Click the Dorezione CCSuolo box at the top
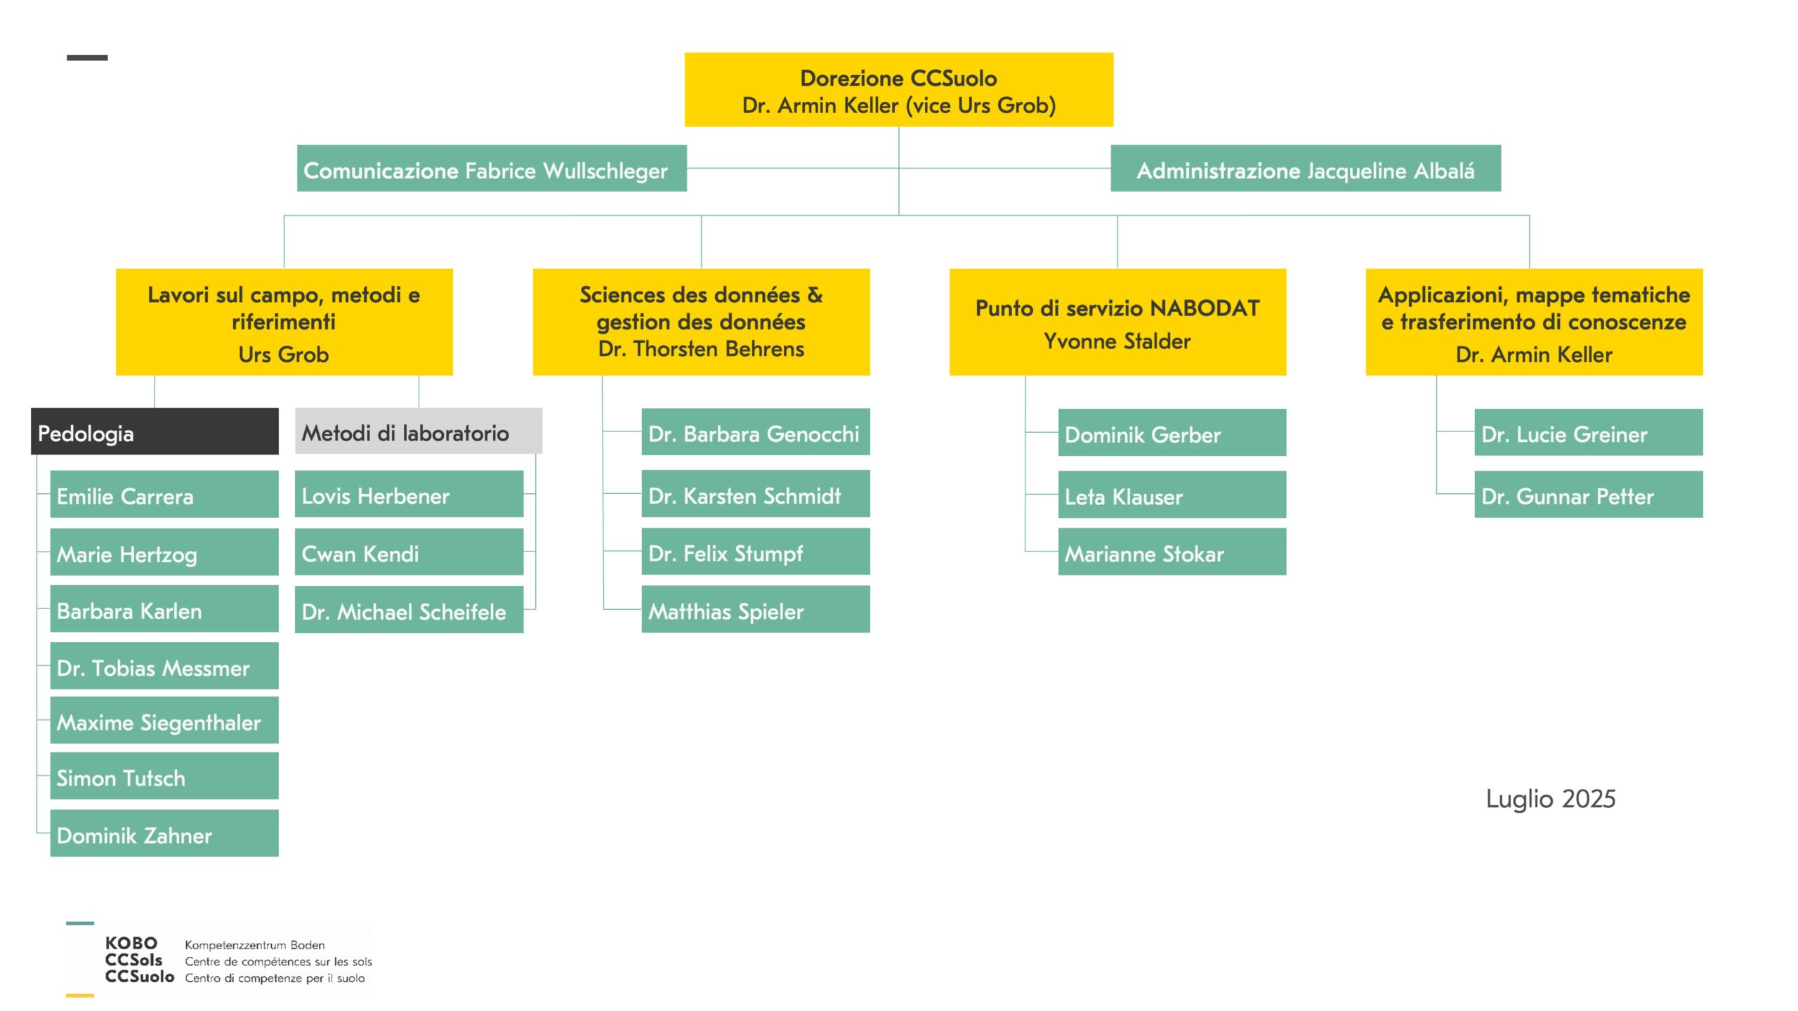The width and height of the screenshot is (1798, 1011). click(898, 89)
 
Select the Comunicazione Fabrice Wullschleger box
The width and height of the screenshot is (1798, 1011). click(492, 168)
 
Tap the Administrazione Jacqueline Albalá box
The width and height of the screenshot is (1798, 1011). click(1306, 168)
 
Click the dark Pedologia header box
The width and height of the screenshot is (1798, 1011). click(155, 431)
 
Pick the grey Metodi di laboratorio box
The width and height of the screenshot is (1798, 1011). click(419, 431)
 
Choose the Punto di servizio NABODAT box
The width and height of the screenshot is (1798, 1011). click(1117, 322)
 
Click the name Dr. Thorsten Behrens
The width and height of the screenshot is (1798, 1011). click(701, 349)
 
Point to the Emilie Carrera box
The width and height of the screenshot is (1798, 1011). click(164, 494)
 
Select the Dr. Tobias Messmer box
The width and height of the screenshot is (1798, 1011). click(164, 666)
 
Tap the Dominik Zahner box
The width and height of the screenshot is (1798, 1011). click(164, 833)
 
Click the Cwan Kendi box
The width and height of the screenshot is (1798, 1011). click(409, 552)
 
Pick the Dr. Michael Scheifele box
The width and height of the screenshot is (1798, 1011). click(409, 609)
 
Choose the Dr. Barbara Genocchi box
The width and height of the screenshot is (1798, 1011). click(756, 431)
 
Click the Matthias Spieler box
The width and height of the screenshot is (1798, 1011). click(756, 609)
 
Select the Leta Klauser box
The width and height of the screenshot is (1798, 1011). click(1172, 494)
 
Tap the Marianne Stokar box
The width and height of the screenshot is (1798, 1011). click(1172, 552)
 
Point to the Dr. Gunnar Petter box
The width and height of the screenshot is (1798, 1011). click(1589, 494)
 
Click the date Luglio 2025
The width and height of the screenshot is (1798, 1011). click(1551, 800)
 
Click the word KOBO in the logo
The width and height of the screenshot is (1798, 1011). click(131, 943)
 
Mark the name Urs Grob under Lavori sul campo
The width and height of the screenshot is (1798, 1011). click(284, 355)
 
